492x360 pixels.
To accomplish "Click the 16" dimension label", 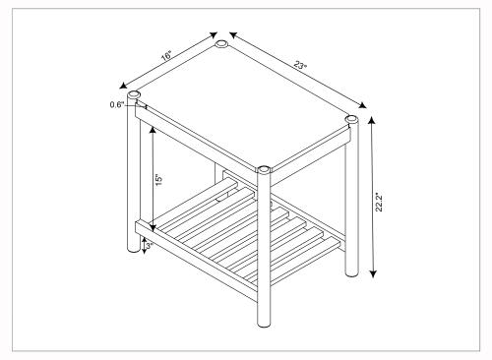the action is coord(166,55).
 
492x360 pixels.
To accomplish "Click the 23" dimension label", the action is coord(300,65).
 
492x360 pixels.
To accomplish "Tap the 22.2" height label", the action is coord(379,202).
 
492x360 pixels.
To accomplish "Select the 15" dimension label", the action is coord(159,180).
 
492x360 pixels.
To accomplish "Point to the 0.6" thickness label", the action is coord(117,104).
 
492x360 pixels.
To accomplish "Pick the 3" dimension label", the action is coord(149,246).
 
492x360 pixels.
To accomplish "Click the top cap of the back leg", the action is coord(221,43).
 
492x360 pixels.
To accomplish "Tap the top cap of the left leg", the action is coord(133,94).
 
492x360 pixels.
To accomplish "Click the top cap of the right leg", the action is coord(351,119).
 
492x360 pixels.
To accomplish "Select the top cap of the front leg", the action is coord(264,170).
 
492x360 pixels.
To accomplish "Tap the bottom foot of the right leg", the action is coord(352,272).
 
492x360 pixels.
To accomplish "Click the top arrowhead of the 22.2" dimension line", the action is coord(371,121).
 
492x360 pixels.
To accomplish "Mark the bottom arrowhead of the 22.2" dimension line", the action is coord(373,273).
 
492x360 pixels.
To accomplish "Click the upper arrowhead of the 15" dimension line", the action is coord(153,130).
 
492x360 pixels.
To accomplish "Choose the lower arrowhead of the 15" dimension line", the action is coord(153,227).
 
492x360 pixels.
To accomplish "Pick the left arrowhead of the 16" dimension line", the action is coord(123,86).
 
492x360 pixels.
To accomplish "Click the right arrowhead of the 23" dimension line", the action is coord(362,105).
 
